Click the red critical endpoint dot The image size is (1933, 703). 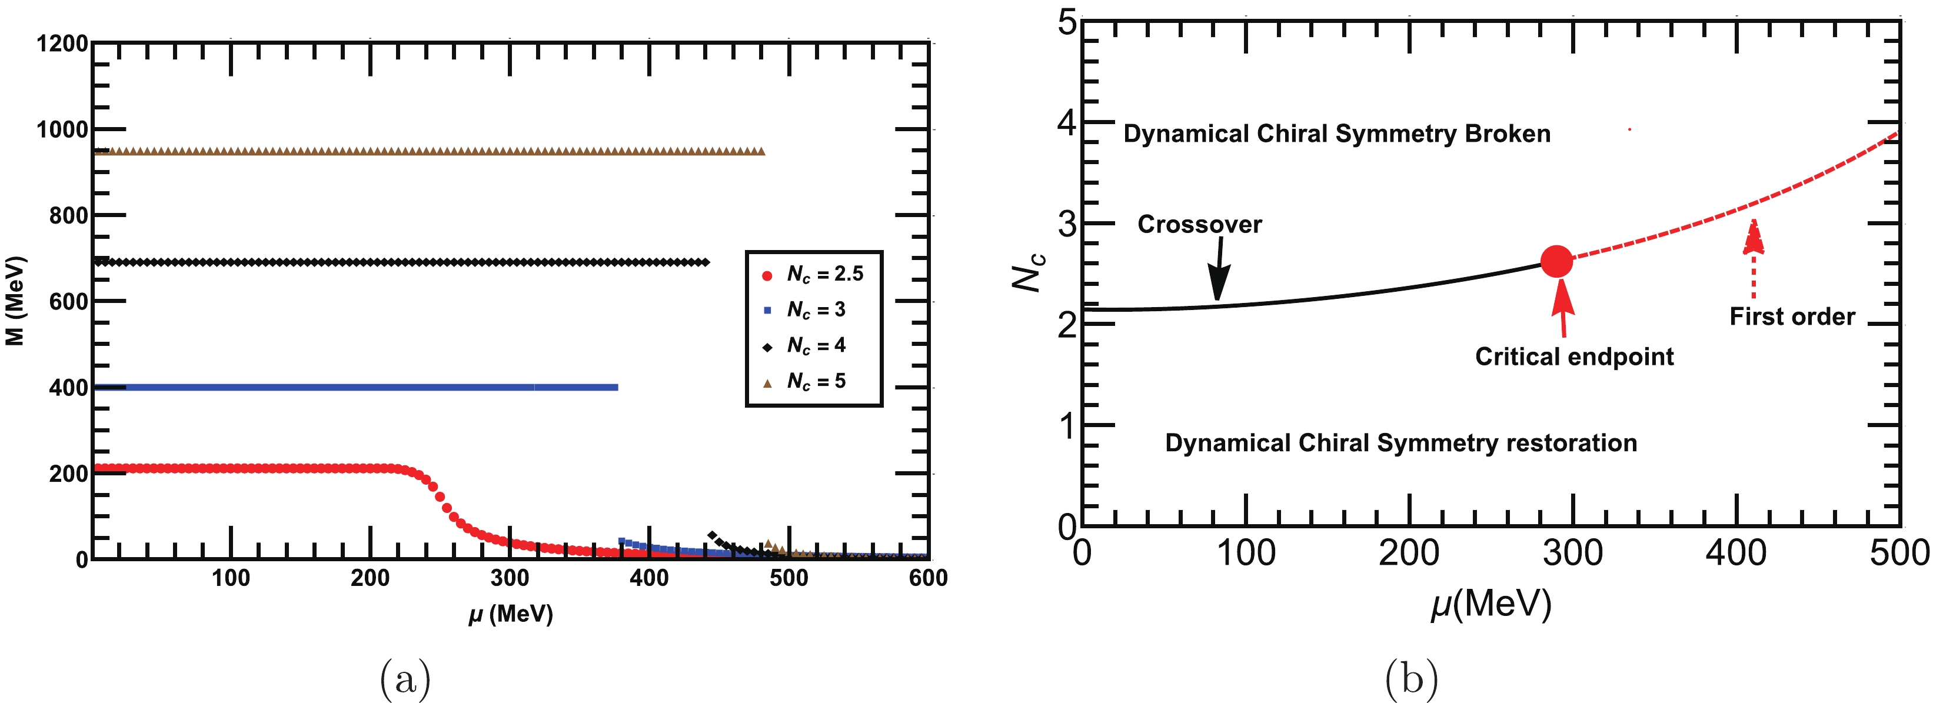pos(1556,261)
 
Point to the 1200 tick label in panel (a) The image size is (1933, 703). pos(62,44)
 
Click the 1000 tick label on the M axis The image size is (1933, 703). pos(62,131)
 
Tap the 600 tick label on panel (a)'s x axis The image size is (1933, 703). pos(927,578)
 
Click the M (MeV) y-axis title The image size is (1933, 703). pos(15,301)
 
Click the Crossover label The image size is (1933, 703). pos(1199,224)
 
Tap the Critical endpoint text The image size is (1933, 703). pos(1573,357)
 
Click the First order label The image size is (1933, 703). pos(1792,316)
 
